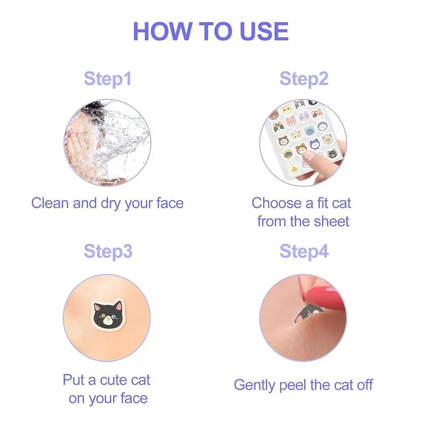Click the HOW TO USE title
point(211,31)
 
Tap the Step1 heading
point(108,79)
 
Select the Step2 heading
point(304,79)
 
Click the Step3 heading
point(108,251)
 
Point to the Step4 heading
point(304,251)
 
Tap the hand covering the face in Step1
point(76,148)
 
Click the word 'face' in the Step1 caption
point(169,203)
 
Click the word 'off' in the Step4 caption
point(363,385)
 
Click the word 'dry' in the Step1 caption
point(111,203)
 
